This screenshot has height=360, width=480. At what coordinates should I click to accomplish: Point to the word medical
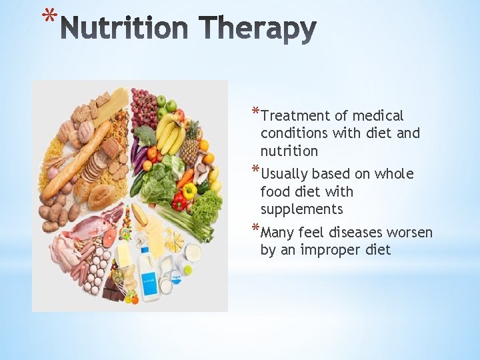tap(378, 116)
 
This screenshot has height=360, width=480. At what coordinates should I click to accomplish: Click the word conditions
tap(294, 133)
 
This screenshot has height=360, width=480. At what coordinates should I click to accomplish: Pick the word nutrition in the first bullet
tap(289, 151)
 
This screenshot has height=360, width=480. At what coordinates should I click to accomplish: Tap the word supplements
tap(301, 209)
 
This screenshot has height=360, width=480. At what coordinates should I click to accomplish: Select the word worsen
tap(408, 233)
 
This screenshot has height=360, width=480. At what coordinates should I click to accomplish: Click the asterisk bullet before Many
tap(256, 230)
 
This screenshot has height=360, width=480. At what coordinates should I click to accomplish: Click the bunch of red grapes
tap(143, 107)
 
